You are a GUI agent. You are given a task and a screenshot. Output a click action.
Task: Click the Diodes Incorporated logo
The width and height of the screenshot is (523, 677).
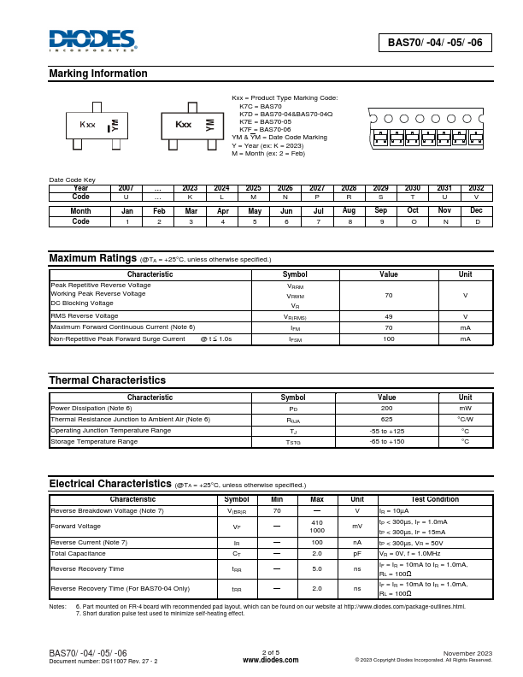point(92,40)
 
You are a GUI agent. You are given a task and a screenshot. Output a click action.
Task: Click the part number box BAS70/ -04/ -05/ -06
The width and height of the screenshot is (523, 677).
point(435,42)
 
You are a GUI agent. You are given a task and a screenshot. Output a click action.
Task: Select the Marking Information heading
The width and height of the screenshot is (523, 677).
point(98,74)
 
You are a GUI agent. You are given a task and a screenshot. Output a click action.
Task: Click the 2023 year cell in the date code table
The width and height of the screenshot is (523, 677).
point(190,188)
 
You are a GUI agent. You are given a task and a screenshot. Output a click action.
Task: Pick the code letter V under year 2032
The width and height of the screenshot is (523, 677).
point(476,197)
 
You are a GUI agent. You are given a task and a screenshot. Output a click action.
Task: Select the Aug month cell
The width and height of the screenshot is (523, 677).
point(349,210)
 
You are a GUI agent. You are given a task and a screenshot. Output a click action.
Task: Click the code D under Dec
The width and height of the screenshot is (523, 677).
point(477,221)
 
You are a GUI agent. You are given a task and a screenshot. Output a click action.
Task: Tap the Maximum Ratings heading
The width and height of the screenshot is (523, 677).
point(92,258)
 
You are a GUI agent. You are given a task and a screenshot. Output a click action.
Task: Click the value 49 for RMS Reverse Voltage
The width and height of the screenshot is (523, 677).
point(388,316)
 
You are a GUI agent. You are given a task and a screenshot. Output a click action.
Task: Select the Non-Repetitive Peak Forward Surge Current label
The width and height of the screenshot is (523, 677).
point(118,339)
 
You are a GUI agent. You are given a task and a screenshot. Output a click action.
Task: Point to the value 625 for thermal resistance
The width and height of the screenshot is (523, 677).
point(387,420)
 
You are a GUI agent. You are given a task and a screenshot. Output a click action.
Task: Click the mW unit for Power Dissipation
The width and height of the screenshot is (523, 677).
point(465,409)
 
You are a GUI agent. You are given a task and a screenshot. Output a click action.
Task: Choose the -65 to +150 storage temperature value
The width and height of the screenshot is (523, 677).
point(387,441)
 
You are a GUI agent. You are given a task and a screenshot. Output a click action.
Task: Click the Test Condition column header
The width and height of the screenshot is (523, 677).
point(434,499)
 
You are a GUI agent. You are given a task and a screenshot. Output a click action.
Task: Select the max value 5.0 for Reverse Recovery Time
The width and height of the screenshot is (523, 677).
point(316,568)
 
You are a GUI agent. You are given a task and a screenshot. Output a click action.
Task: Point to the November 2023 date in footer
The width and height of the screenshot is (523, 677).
point(467,652)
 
